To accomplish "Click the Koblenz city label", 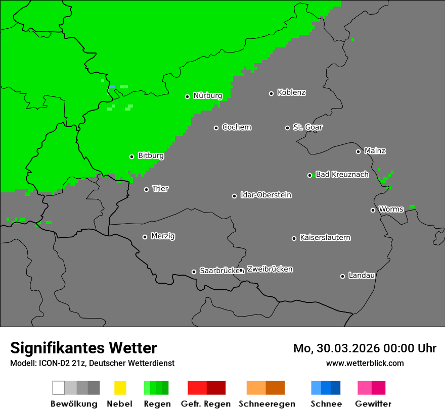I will pos(291,92).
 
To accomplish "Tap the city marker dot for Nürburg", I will pos(187,96).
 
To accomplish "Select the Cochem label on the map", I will pos(237,127).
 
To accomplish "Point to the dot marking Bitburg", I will pos(131,156).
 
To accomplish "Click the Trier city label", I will pos(160,189).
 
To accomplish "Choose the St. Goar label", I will pos(307,127).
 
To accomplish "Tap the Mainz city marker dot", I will pos(358,151).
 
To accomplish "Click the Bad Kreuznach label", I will pos(342,175).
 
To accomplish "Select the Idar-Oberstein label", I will pos(266,195).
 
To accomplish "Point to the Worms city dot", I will pos(373,210).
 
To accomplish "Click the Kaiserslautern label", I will pos(325,237).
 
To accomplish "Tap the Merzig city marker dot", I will pos(145,237).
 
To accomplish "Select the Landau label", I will pos(362,276).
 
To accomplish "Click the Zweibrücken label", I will pos(270,269).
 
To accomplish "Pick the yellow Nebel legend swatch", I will pos(120,388).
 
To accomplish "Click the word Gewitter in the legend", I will pos(373,404).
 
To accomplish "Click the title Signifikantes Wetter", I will pos(83,348).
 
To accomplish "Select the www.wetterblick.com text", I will pos(365,363).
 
